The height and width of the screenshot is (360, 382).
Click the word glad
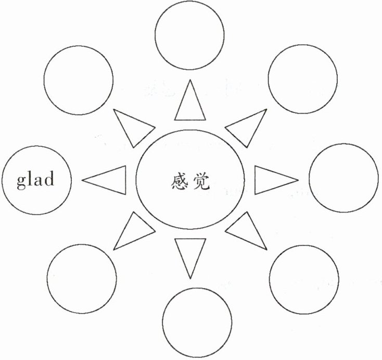[35, 180]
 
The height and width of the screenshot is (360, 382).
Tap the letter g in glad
[21, 181]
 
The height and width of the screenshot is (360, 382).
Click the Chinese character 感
[178, 180]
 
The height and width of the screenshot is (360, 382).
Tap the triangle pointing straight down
[188, 255]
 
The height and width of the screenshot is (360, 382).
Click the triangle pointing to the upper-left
[132, 127]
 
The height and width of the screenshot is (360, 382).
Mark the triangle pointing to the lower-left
[132, 232]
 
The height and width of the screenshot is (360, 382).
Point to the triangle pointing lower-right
[246, 232]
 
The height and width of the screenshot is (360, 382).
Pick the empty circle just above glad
[79, 80]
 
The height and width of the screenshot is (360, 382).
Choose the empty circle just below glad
[82, 277]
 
